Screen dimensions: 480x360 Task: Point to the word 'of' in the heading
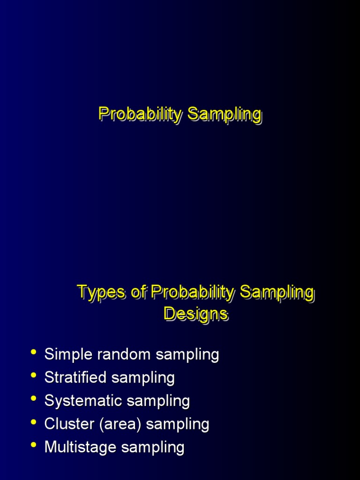click(139, 292)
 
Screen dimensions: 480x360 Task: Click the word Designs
click(196, 314)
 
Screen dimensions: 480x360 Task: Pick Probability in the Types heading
click(192, 292)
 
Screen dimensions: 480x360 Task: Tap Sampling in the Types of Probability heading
click(277, 292)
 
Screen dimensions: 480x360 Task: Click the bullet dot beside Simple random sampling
click(33, 353)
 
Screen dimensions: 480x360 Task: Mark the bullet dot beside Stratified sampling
click(33, 376)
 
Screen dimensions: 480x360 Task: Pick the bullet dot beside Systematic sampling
click(33, 399)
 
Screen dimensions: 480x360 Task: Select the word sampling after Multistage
click(153, 447)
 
